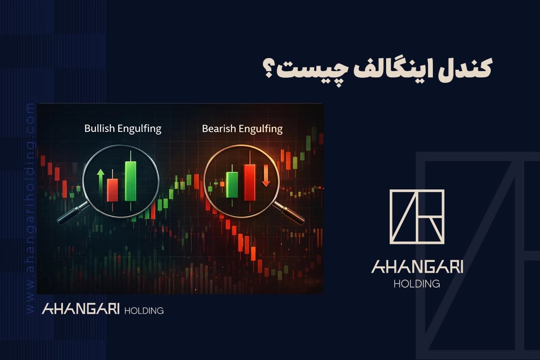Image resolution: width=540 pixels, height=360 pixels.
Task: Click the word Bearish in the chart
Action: coord(216,129)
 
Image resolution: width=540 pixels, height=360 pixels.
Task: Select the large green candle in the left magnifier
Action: coord(130,181)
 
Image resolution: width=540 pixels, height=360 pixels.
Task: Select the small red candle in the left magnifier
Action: coord(112,190)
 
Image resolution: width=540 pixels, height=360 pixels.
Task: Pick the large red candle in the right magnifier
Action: coord(249,182)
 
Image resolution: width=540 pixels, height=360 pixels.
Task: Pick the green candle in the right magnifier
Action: coord(232,184)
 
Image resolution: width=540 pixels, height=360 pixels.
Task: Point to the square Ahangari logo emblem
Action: coord(417,216)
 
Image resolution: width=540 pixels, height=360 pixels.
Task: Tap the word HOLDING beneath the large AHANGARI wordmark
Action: coord(417,284)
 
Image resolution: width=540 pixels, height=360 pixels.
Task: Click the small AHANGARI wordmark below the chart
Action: coord(81,310)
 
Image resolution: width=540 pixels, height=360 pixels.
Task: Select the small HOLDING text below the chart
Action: coord(143,310)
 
